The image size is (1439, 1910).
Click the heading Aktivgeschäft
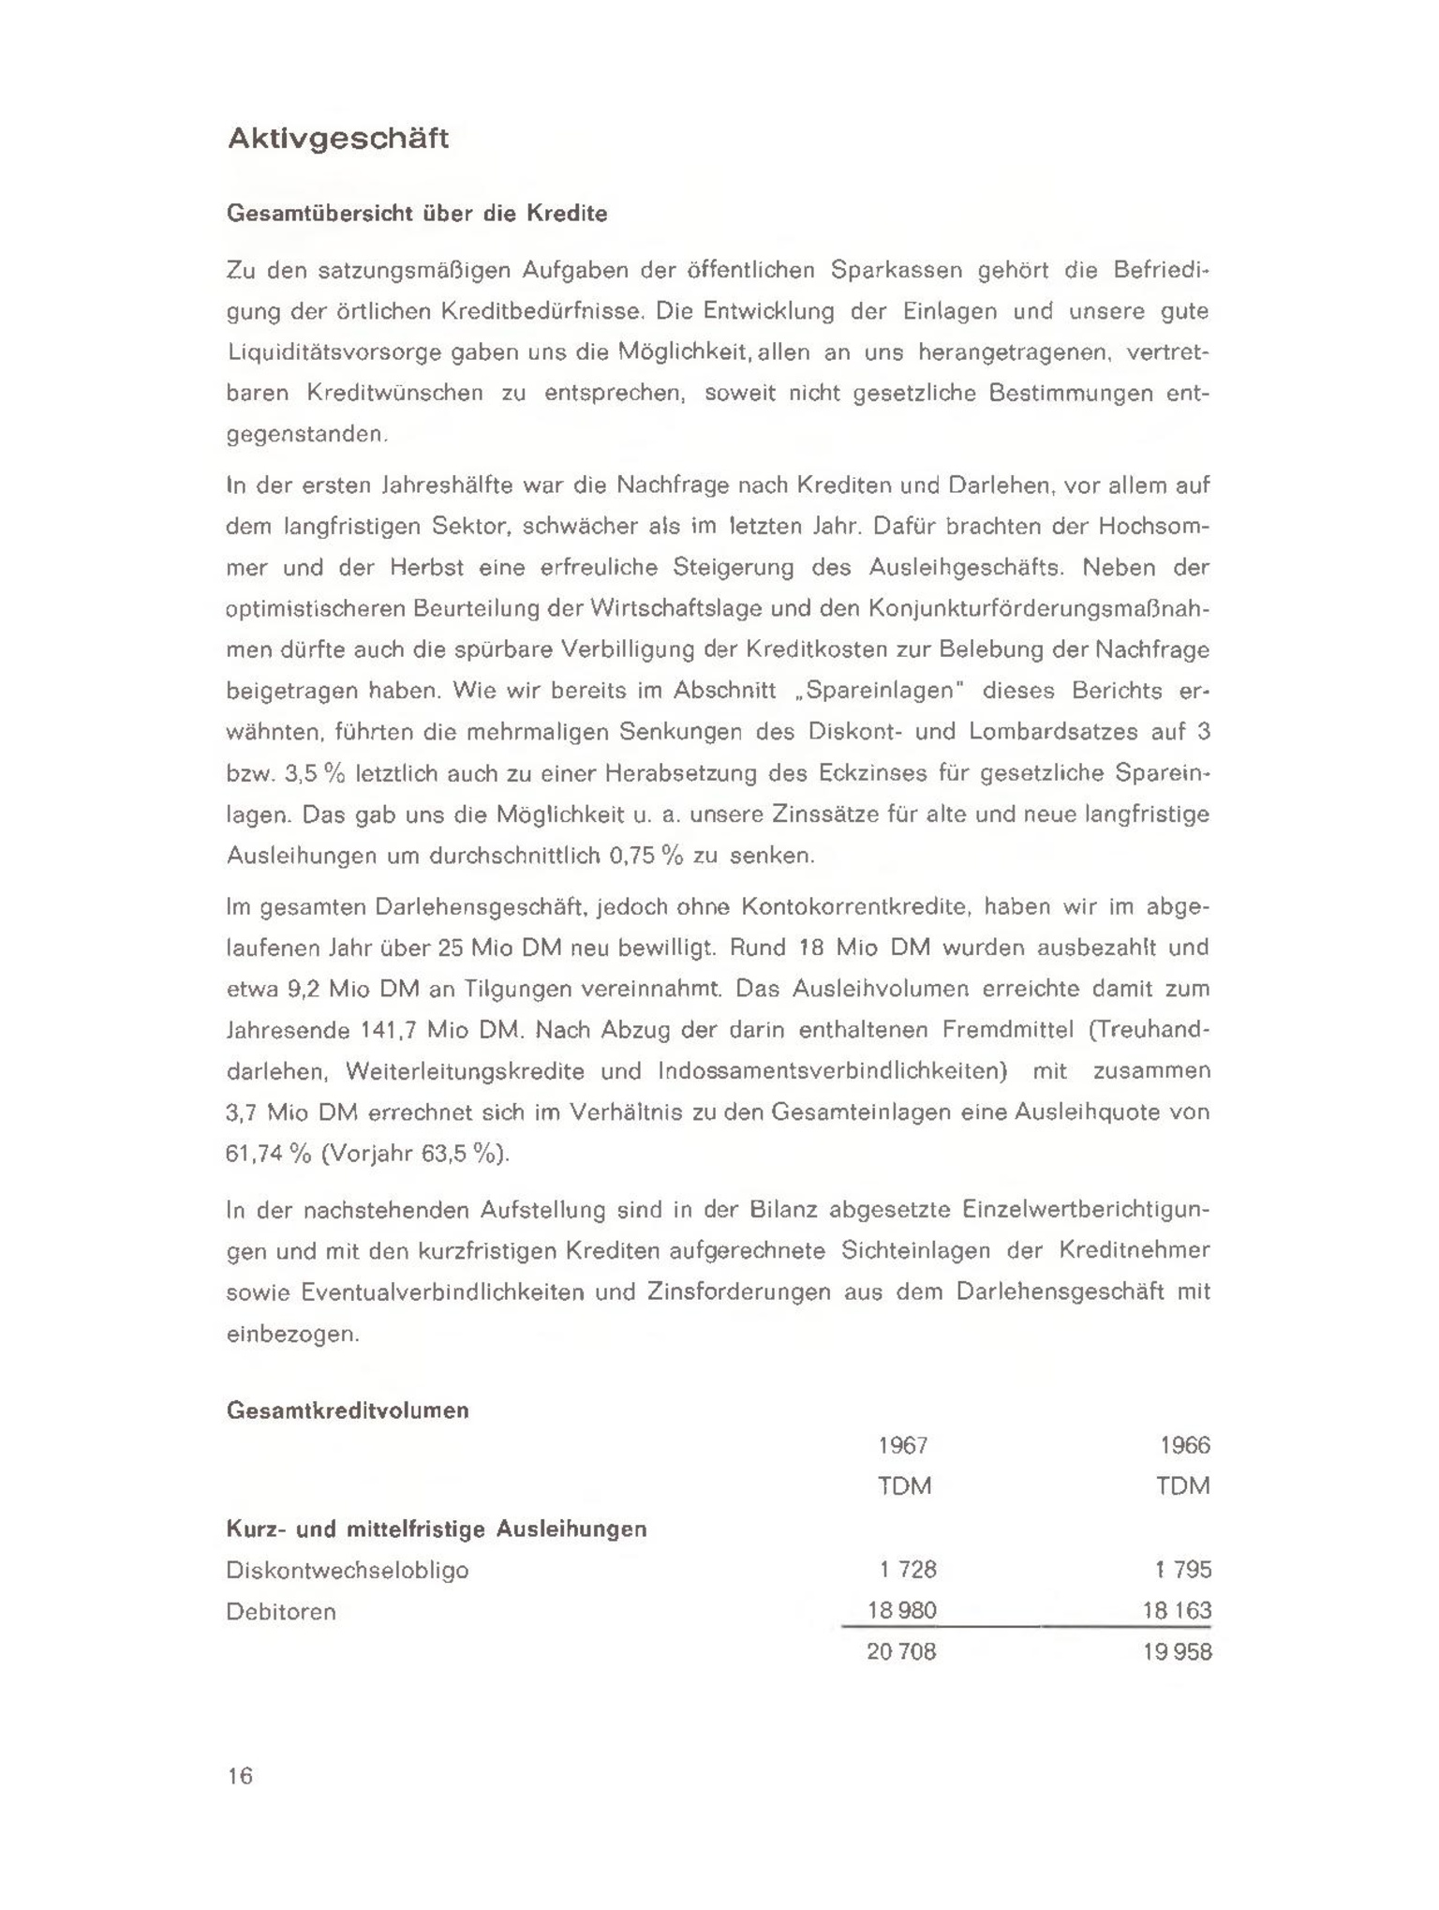click(x=338, y=139)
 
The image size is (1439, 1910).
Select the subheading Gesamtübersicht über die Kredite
click(x=417, y=214)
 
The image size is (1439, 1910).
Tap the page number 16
click(x=240, y=1775)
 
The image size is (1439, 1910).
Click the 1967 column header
click(x=903, y=1445)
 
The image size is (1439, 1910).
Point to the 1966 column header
click(x=1185, y=1445)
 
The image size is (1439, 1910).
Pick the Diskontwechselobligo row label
click(x=348, y=1570)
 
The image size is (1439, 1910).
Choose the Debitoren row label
click(x=281, y=1612)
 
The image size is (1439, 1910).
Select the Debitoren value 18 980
click(x=902, y=1611)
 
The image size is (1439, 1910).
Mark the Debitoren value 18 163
click(x=1178, y=1611)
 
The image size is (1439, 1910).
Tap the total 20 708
click(x=901, y=1652)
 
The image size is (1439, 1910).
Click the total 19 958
click(x=1178, y=1652)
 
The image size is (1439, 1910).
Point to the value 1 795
click(x=1184, y=1570)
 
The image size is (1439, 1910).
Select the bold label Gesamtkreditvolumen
click(x=348, y=1410)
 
